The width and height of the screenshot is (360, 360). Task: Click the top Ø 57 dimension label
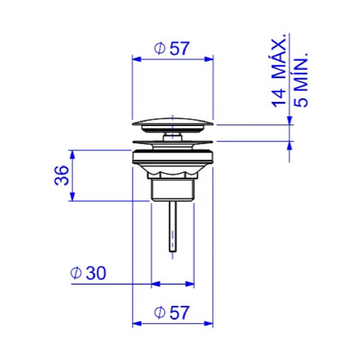172,49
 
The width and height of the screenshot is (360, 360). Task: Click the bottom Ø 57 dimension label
172,312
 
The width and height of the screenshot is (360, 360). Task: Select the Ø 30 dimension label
89,273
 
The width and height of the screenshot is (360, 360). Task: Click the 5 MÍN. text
301,80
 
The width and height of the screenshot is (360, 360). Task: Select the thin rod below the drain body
173,226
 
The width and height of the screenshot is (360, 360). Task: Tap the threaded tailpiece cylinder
173,190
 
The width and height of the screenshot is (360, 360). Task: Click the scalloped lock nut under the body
173,174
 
